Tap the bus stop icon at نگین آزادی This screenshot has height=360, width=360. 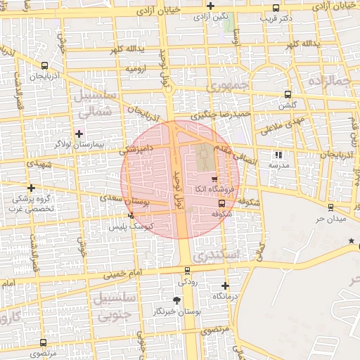pyautogui.click(x=211, y=13)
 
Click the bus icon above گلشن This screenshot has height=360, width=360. pyautogui.click(x=287, y=94)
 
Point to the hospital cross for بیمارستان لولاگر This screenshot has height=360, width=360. pyautogui.click(x=79, y=133)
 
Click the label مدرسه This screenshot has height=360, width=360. pyautogui.click(x=278, y=165)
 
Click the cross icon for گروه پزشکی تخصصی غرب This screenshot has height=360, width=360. pyautogui.click(x=31, y=188)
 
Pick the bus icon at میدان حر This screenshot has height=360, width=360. pyautogui.click(x=330, y=207)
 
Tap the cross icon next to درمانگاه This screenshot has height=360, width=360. pyautogui.click(x=225, y=285)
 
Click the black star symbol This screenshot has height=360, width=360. pyautogui.click(x=351, y=242)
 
